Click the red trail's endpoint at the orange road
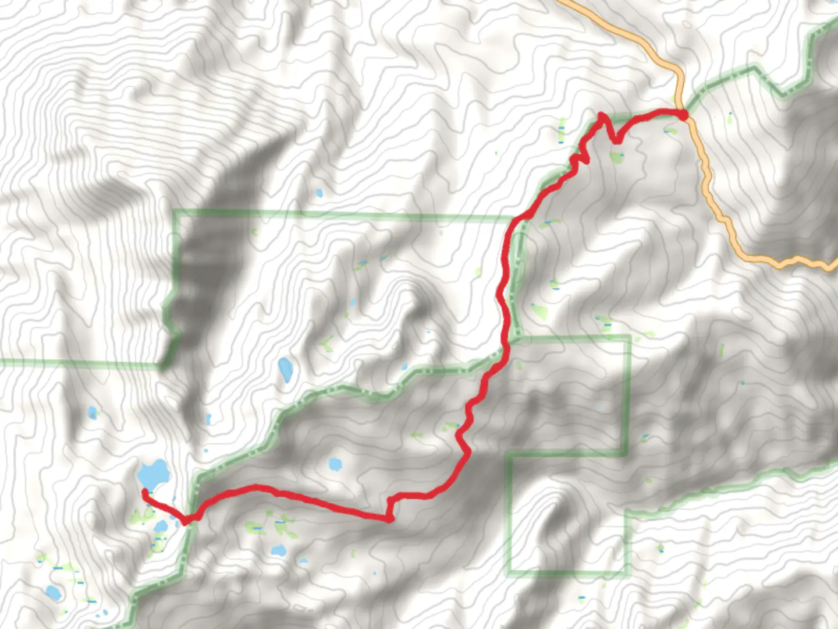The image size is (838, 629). point(683,114)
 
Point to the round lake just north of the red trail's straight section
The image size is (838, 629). point(335,464)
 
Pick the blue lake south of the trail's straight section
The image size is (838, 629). point(279,549)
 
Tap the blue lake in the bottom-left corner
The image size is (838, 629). point(52,593)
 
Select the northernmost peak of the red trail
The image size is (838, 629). point(602,115)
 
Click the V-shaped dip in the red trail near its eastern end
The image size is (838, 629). point(615,140)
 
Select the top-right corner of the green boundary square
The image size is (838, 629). point(628,337)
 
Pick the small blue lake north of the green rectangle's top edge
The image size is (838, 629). point(318,193)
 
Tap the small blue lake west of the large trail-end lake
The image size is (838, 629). point(92,413)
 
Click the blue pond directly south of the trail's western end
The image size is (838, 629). point(161,527)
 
